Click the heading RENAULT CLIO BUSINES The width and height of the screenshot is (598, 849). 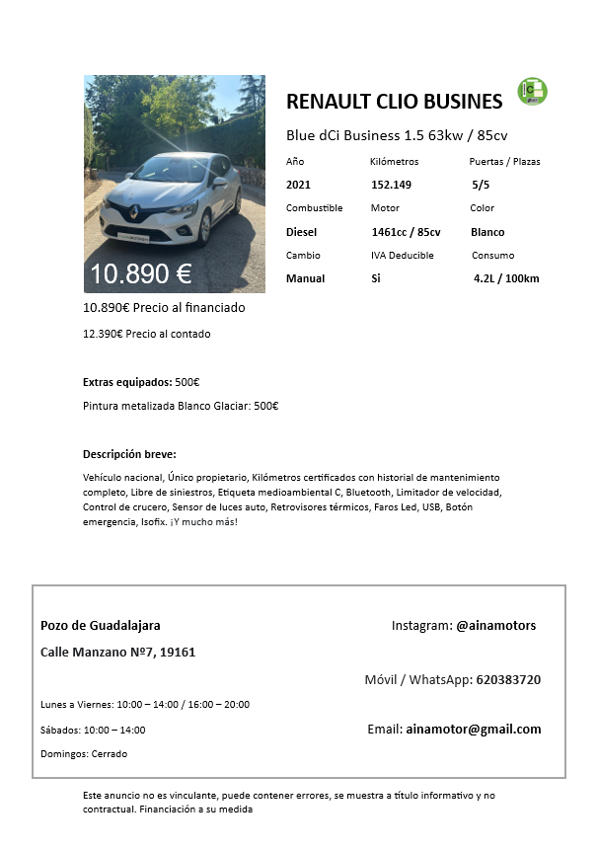pyautogui.click(x=394, y=101)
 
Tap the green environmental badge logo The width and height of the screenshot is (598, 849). pyautogui.click(x=533, y=91)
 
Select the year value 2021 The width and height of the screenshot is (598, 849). pyautogui.click(x=298, y=185)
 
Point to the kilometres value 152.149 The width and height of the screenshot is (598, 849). pyautogui.click(x=391, y=185)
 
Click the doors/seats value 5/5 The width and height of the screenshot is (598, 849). pyautogui.click(x=482, y=185)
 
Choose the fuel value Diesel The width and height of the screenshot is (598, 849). pyautogui.click(x=302, y=232)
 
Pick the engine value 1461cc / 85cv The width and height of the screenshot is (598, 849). pyautogui.click(x=406, y=232)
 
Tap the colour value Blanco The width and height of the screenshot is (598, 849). pyautogui.click(x=487, y=232)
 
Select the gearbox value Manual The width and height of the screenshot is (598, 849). pyautogui.click(x=305, y=278)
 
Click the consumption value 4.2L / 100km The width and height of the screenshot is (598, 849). pyautogui.click(x=506, y=278)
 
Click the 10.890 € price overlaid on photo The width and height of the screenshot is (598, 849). pyautogui.click(x=141, y=273)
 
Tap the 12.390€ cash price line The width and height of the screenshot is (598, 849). pyautogui.click(x=147, y=334)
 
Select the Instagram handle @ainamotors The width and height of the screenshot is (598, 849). pyautogui.click(x=495, y=625)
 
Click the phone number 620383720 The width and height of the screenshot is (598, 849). pyautogui.click(x=507, y=679)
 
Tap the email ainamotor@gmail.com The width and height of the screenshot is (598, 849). pyautogui.click(x=474, y=730)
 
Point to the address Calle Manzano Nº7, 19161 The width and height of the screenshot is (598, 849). pyautogui.click(x=118, y=653)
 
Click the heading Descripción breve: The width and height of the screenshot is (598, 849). pyautogui.click(x=129, y=454)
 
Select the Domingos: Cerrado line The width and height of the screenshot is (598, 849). pyautogui.click(x=84, y=753)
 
